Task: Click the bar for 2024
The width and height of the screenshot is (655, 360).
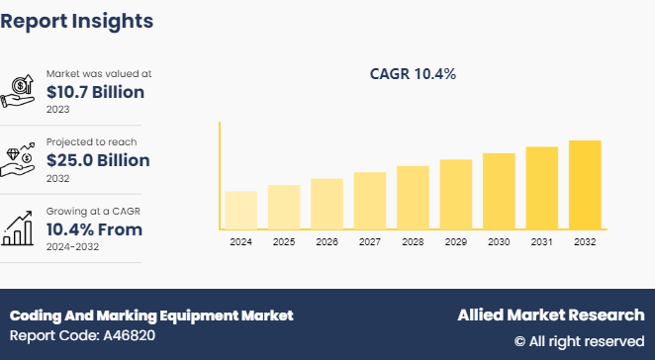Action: tap(240, 210)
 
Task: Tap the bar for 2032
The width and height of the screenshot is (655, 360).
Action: tap(585, 185)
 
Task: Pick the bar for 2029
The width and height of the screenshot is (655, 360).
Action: tap(455, 194)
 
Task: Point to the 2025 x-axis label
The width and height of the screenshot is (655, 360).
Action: tap(283, 241)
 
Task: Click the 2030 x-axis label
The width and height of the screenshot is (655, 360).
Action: tap(499, 241)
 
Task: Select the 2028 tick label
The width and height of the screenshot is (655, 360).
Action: tap(413, 241)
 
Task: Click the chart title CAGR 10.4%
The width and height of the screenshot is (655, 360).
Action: tap(413, 73)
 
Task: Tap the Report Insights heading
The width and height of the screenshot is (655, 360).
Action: tap(77, 20)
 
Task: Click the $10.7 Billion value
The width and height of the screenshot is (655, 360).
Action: tap(98, 91)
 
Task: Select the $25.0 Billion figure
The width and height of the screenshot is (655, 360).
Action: tap(98, 160)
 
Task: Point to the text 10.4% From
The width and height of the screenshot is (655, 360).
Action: tap(94, 229)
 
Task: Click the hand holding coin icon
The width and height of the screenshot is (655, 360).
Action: tap(21, 91)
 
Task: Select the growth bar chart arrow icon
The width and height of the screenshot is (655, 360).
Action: tap(21, 227)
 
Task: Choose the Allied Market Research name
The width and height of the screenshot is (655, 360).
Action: tap(550, 315)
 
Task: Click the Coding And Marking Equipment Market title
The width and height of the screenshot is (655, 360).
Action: tap(151, 315)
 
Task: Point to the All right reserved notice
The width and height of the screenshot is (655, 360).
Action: tap(579, 341)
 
